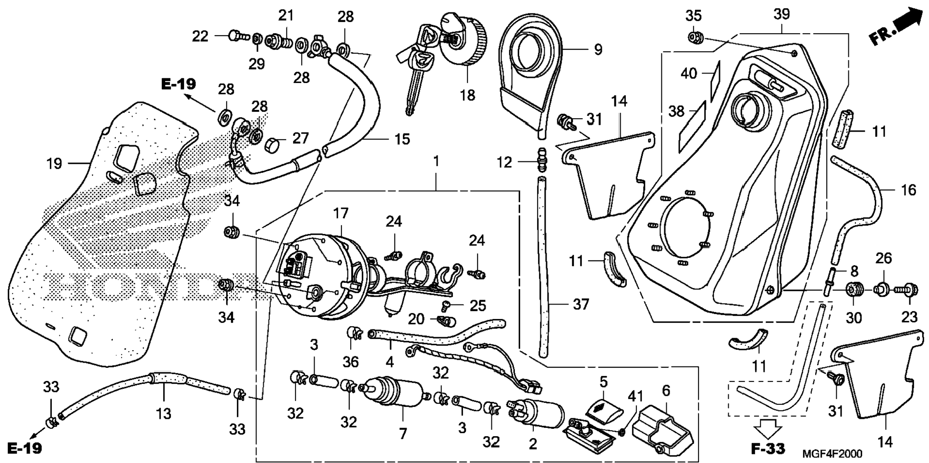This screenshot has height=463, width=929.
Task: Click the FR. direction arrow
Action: (897, 28)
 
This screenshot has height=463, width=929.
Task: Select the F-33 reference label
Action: (768, 449)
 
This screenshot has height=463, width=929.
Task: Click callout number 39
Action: (782, 14)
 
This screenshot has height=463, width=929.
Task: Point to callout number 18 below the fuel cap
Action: (467, 95)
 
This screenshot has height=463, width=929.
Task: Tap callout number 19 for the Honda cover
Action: (54, 164)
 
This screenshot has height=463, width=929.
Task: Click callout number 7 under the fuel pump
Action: (403, 434)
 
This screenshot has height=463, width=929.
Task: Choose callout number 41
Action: (636, 396)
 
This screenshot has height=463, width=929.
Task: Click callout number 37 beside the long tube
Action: (581, 304)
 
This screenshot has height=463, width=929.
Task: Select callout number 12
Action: (504, 162)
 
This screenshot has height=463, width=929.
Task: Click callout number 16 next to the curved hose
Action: (908, 190)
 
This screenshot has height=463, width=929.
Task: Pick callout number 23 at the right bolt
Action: (909, 317)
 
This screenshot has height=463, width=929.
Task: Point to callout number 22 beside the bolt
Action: (200, 37)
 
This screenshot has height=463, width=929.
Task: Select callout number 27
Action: (300, 139)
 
